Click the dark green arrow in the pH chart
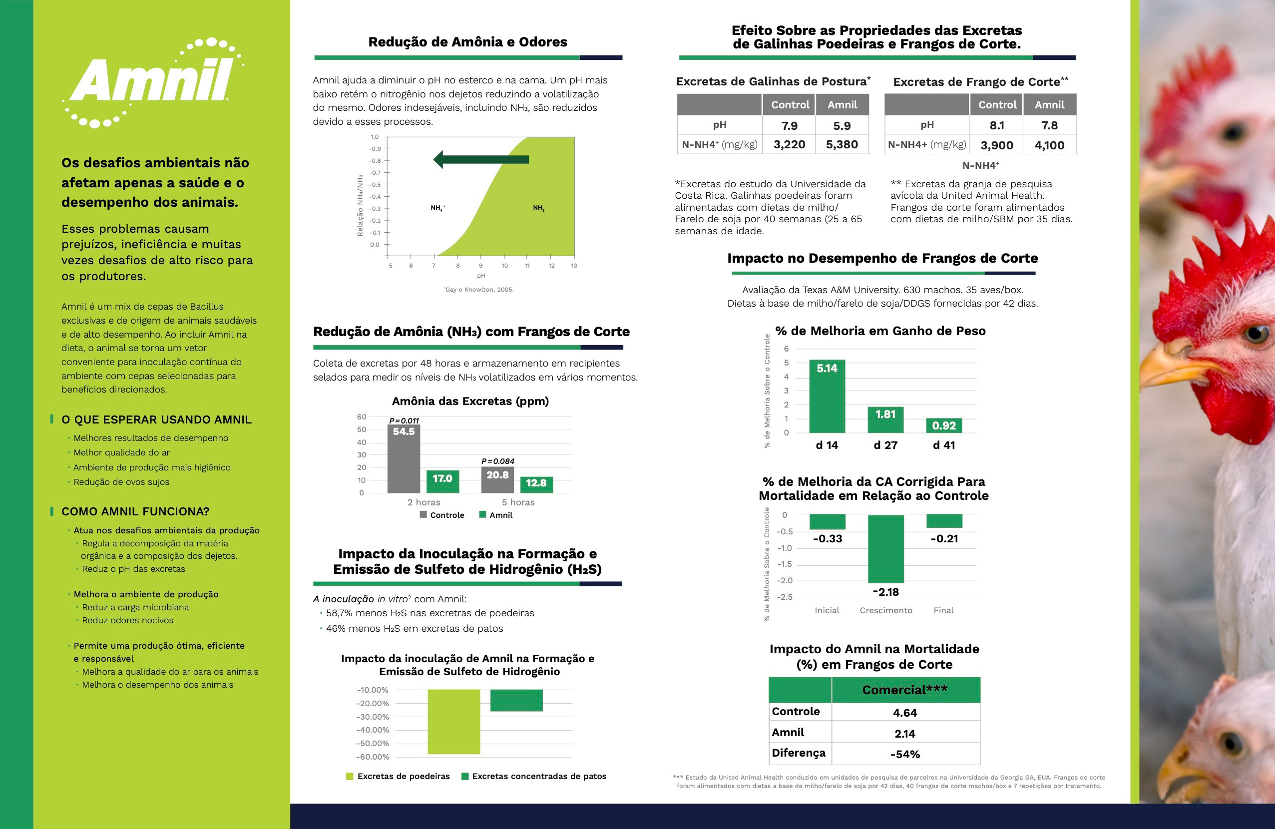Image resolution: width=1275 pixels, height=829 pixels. coord(480,159)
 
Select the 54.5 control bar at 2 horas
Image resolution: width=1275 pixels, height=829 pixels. coord(404,458)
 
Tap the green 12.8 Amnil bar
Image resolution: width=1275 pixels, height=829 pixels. coord(536,484)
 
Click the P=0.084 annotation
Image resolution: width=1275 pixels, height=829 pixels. coord(498,461)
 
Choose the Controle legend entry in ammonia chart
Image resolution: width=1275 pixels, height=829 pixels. coord(442,515)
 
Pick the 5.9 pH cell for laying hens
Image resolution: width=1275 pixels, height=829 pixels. coord(842,126)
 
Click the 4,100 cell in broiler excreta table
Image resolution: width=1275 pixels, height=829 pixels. coord(1049,145)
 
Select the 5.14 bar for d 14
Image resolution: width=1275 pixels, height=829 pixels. coord(827,397)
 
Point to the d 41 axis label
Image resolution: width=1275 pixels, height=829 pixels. coord(943,445)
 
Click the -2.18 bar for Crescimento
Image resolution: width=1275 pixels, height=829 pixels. coord(885,549)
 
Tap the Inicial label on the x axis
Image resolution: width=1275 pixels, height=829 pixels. coord(827,610)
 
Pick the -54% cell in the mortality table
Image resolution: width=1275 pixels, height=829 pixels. coord(905,754)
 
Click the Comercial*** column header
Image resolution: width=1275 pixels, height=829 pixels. coord(905,690)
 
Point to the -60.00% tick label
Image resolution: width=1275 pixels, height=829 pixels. coord(373,757)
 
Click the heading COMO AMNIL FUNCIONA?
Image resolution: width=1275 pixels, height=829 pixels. coord(135,511)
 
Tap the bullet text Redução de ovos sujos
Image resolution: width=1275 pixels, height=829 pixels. coord(122,482)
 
